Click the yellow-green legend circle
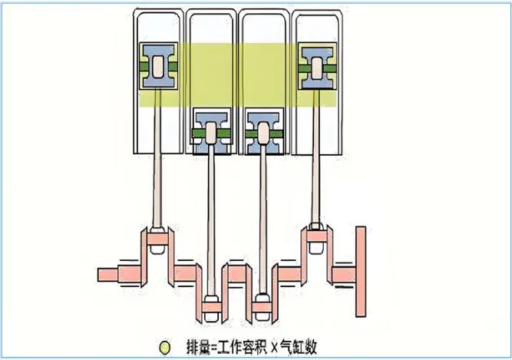tap(164, 348)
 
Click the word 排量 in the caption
tap(198, 347)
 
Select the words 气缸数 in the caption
tap(298, 347)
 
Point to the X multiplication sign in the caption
tap(273, 348)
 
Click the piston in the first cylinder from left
tap(159, 66)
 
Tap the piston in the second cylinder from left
tap(212, 132)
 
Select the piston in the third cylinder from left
tap(264, 132)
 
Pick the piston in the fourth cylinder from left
tap(317, 68)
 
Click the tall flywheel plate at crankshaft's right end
tap(361, 272)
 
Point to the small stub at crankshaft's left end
tap(107, 275)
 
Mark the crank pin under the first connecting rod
tap(157, 239)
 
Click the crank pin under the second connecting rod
tap(212, 307)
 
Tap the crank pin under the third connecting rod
tap(263, 307)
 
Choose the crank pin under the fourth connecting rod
tap(317, 236)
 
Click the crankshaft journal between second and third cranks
tap(237, 274)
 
